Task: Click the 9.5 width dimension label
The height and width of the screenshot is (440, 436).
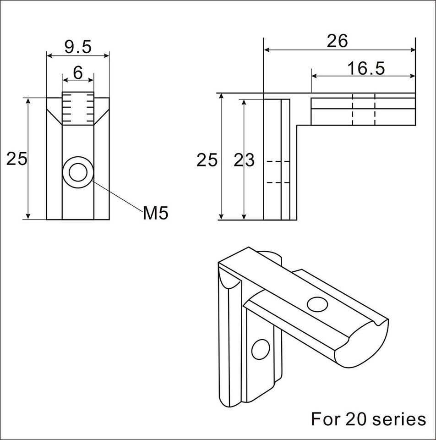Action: coord(78,46)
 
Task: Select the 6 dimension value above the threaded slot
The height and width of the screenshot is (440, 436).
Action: coord(78,72)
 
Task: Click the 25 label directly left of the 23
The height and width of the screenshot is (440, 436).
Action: coord(207,160)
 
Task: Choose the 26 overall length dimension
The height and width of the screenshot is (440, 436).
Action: coord(338,41)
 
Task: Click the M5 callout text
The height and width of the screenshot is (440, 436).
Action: coord(155,213)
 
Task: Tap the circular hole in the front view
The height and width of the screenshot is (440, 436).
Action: coord(78,173)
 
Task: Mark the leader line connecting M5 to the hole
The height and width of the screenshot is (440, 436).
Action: coord(116,195)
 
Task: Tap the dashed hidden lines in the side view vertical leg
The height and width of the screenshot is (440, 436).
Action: coord(278,172)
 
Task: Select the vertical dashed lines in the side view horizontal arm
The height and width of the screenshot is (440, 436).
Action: coord(364,110)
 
